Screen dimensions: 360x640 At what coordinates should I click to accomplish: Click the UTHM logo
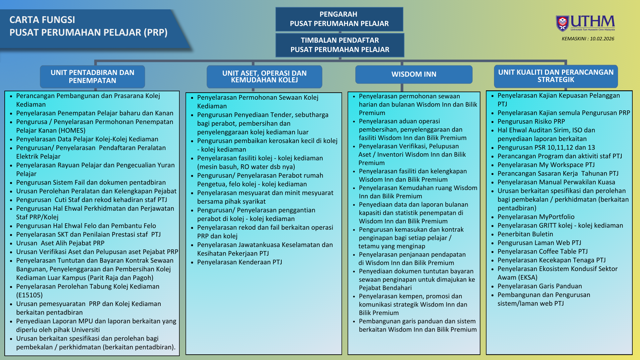[585, 23]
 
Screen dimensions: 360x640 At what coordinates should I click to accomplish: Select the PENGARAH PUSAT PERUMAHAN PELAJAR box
[339, 19]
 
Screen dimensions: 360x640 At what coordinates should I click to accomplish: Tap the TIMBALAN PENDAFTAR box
[340, 45]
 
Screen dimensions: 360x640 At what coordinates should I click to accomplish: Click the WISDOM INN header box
[414, 74]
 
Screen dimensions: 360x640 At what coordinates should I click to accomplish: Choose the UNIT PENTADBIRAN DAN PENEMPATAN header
[92, 77]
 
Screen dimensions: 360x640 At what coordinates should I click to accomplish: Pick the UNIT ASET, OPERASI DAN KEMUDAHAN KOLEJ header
[264, 77]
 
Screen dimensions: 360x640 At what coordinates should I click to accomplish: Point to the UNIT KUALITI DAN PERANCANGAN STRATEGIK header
[556, 76]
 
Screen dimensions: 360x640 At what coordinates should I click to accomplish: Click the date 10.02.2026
[602, 39]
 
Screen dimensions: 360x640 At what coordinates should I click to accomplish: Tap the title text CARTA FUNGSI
[42, 20]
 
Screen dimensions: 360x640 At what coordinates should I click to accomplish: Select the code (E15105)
[29, 295]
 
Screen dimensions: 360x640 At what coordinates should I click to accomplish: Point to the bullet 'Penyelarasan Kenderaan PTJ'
[239, 262]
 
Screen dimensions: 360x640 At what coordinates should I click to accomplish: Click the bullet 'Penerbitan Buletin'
[525, 234]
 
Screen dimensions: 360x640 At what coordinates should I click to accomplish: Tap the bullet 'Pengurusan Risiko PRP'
[531, 121]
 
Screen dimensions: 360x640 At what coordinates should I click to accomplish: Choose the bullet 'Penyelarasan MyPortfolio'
[536, 217]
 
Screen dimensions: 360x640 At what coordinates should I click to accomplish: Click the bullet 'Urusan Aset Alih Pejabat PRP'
[60, 243]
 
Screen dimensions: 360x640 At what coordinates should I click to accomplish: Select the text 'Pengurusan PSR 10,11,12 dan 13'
[546, 147]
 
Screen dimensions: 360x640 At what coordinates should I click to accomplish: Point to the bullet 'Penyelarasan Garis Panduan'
[539, 286]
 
